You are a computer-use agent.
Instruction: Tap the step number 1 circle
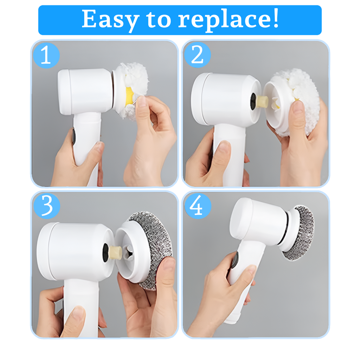point(46,56)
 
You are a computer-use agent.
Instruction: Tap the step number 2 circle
point(197,55)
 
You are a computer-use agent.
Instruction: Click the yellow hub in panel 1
point(129,94)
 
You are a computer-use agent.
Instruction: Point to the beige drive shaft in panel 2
point(262,102)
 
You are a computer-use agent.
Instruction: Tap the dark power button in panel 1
point(74,136)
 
